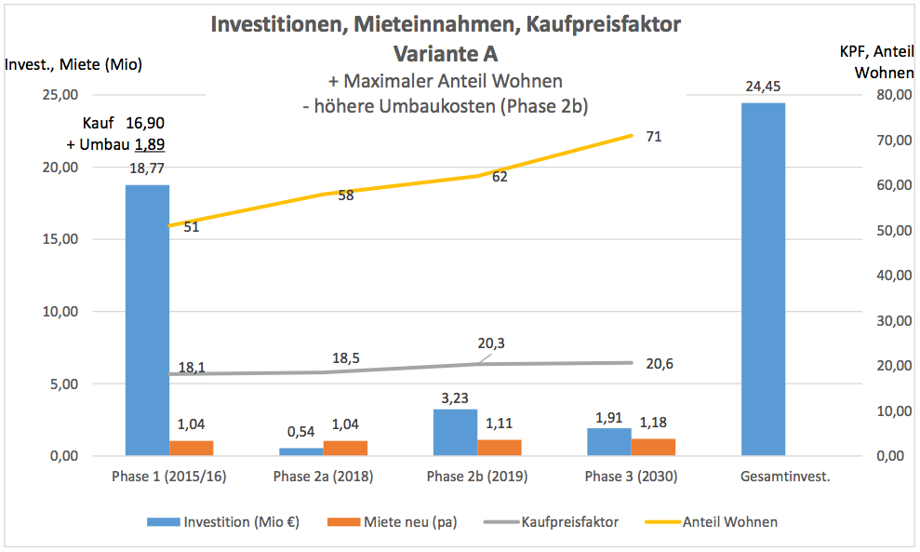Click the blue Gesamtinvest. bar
[x=763, y=279]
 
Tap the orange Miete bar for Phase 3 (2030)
[x=653, y=447]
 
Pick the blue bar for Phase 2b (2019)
[x=455, y=432]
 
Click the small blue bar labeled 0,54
[x=300, y=451]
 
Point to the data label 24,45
[x=763, y=87]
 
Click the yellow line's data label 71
[x=654, y=137]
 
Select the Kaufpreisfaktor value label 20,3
[x=491, y=343]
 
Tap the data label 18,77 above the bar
[x=147, y=168]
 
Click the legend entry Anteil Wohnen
[x=730, y=522]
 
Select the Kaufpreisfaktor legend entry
[x=570, y=522]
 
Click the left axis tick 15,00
[x=60, y=239]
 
